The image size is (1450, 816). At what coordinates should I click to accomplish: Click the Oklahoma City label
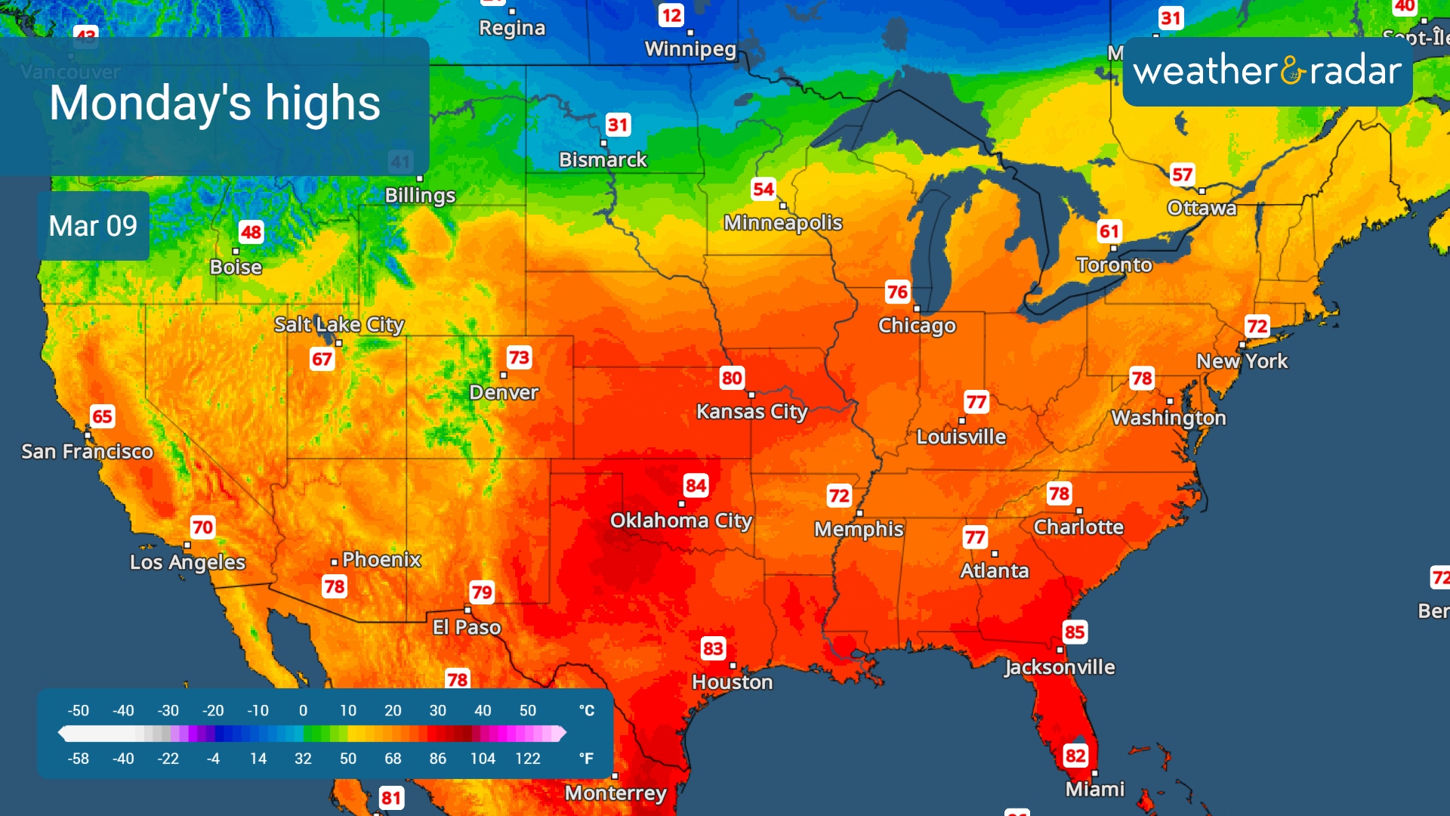click(x=680, y=521)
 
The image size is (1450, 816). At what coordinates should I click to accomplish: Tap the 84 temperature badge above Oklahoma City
click(x=696, y=485)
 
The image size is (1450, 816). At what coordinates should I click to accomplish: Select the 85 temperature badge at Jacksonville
click(x=1074, y=632)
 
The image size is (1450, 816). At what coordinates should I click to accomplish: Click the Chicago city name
click(x=917, y=326)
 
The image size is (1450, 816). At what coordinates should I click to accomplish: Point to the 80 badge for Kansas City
click(x=731, y=378)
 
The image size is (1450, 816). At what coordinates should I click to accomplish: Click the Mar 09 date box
click(x=93, y=226)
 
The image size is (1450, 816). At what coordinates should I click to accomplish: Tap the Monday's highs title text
click(x=214, y=104)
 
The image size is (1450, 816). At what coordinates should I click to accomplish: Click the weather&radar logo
click(x=1266, y=71)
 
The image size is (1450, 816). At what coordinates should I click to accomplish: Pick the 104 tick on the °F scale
click(x=483, y=759)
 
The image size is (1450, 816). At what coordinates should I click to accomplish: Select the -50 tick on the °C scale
click(x=78, y=711)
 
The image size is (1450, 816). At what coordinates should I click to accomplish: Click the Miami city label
click(x=1094, y=790)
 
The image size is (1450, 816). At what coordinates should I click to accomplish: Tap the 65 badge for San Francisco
click(x=102, y=416)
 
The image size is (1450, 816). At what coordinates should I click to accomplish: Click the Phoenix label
click(x=381, y=560)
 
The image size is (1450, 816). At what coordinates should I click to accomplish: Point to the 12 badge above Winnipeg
click(x=671, y=16)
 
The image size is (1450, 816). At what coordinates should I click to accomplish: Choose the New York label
click(x=1242, y=361)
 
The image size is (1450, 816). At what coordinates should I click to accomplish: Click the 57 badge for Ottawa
click(x=1182, y=175)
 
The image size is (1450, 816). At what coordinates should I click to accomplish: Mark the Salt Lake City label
click(x=339, y=325)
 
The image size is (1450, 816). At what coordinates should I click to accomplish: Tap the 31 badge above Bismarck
click(x=618, y=125)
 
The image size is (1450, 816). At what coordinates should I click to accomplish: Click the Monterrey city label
click(x=615, y=793)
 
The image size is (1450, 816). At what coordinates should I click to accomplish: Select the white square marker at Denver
click(x=504, y=376)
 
